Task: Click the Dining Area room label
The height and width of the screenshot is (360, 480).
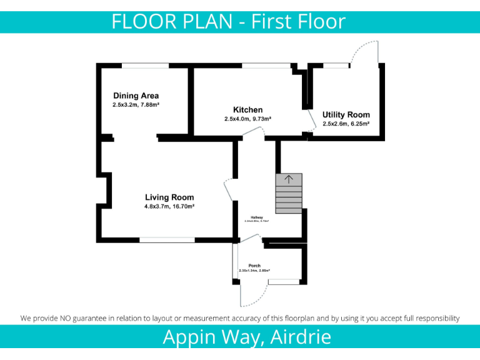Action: click(x=136, y=96)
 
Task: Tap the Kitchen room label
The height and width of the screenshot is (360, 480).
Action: click(x=247, y=110)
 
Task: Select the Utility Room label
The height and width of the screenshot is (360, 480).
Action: click(x=346, y=115)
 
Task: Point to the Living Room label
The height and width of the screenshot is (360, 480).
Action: click(x=169, y=197)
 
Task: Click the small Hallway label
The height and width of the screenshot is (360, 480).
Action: click(x=256, y=217)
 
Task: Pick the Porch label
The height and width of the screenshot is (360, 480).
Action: click(x=254, y=266)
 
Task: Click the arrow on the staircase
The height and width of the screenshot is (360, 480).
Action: click(x=289, y=179)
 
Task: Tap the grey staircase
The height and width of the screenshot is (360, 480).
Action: click(x=289, y=194)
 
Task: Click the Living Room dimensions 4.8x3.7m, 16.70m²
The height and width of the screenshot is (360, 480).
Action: click(x=169, y=206)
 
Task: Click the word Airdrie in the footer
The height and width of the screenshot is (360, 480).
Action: click(x=302, y=337)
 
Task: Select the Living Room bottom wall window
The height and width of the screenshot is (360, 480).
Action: click(x=167, y=239)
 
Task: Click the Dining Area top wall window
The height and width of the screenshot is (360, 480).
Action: click(x=145, y=66)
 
